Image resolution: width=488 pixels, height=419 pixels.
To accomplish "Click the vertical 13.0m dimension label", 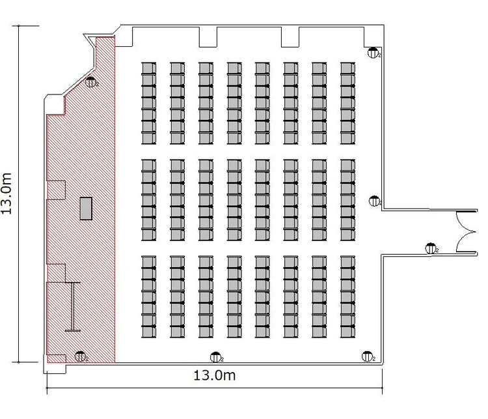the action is pyautogui.click(x=7, y=194).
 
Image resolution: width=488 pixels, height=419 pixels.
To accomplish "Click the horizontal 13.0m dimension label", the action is pyautogui.click(x=215, y=375).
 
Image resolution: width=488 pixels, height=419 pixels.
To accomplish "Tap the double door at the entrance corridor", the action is pyautogui.click(x=467, y=231).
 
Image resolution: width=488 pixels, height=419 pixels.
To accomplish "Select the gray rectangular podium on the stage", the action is pyautogui.click(x=86, y=209).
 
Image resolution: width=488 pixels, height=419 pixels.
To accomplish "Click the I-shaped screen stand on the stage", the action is pyautogui.click(x=72, y=306).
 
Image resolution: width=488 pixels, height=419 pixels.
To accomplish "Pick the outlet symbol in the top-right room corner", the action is pyautogui.click(x=373, y=53).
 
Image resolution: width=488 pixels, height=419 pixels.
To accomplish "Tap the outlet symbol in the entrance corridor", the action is pyautogui.click(x=431, y=248).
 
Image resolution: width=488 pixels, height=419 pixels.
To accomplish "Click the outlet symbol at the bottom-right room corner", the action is pyautogui.click(x=368, y=356).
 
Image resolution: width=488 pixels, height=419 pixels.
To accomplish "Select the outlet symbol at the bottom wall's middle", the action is pyautogui.click(x=216, y=357).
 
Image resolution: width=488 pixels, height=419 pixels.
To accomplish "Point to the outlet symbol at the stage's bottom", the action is pyautogui.click(x=81, y=356).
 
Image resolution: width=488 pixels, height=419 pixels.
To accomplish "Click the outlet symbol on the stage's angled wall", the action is pyautogui.click(x=91, y=82).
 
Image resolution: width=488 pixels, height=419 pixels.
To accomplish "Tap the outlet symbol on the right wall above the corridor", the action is pyautogui.click(x=375, y=201).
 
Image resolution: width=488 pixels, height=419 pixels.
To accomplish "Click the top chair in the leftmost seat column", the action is pyautogui.click(x=149, y=68).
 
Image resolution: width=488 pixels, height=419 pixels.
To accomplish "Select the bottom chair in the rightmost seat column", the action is pyautogui.click(x=347, y=332).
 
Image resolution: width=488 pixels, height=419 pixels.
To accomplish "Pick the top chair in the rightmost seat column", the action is pyautogui.click(x=347, y=68).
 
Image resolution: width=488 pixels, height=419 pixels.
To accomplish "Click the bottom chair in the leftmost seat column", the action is pyautogui.click(x=149, y=332).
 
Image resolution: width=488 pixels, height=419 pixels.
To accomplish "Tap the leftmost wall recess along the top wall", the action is pyautogui.click(x=124, y=36).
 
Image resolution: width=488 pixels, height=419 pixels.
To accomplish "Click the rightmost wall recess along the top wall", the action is pyautogui.click(x=373, y=36).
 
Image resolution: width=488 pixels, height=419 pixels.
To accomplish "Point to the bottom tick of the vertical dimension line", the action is pyautogui.click(x=19, y=362).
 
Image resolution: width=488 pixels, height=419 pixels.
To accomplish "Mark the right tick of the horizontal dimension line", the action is pyautogui.click(x=382, y=388).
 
